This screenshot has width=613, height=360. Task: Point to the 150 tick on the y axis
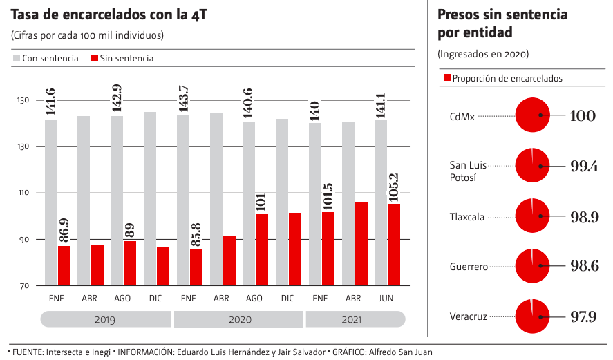point(23,101)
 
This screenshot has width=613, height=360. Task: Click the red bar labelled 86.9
point(64,266)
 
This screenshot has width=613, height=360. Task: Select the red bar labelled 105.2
point(394,245)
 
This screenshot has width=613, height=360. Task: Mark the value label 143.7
point(183,99)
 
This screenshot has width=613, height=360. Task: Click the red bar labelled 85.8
point(196,267)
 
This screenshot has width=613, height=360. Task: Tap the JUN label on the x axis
point(386,299)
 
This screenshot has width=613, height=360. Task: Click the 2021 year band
point(356,320)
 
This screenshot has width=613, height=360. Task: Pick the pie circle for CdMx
point(533,115)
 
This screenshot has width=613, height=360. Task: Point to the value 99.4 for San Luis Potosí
point(583,166)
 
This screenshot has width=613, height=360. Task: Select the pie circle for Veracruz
point(533,316)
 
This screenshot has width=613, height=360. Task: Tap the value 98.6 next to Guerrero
point(583,266)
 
